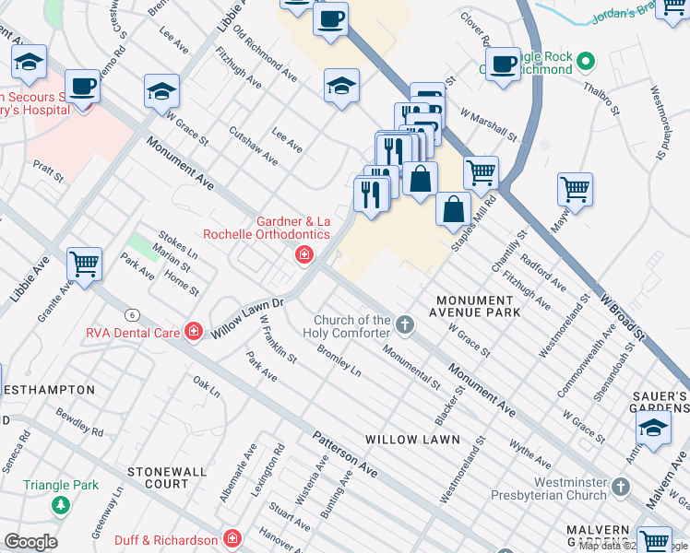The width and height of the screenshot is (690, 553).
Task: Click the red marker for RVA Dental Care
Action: (193, 331)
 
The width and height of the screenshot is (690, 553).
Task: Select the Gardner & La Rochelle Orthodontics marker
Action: (303, 255)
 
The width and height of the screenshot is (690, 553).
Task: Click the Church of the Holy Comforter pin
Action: (404, 324)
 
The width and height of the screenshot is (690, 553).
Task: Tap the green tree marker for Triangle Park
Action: (61, 505)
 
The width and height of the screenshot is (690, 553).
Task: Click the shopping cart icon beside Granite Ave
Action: (84, 265)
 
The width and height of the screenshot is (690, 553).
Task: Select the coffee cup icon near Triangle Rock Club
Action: (503, 65)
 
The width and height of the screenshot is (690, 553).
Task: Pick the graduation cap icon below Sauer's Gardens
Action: (653, 429)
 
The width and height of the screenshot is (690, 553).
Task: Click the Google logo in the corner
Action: (30, 542)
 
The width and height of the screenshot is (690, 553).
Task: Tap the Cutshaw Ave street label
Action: (254, 146)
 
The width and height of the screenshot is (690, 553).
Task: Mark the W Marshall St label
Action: (489, 127)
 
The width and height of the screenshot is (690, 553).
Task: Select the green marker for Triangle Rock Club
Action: (588, 64)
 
